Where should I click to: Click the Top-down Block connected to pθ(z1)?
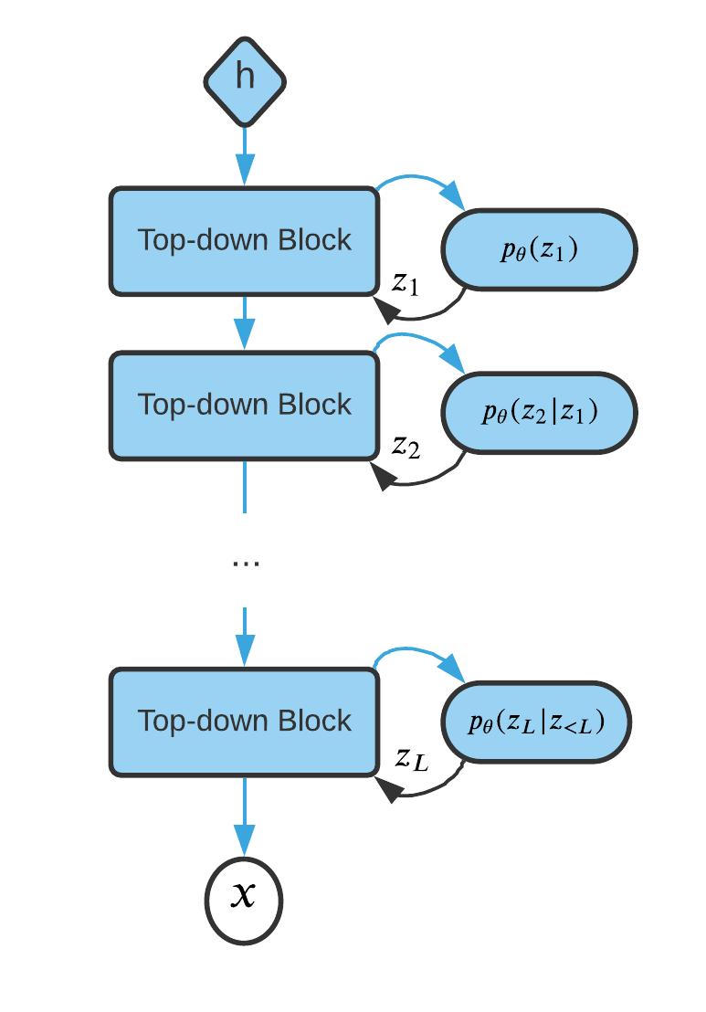pyautogui.click(x=244, y=241)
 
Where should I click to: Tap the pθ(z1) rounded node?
pyautogui.click(x=539, y=249)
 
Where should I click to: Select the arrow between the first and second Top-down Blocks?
pyautogui.click(x=244, y=322)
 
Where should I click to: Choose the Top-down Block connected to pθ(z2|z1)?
pyautogui.click(x=244, y=405)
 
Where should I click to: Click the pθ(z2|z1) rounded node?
pyautogui.click(x=539, y=413)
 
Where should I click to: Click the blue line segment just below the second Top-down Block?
pyautogui.click(x=244, y=486)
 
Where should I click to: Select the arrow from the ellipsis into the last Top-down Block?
pyautogui.click(x=244, y=637)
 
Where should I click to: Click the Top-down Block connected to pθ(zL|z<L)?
pyautogui.click(x=244, y=722)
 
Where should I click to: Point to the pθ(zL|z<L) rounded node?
pyautogui.click(x=536, y=722)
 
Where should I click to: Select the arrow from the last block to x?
pyautogui.click(x=244, y=816)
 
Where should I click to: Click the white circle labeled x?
pyautogui.click(x=243, y=900)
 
